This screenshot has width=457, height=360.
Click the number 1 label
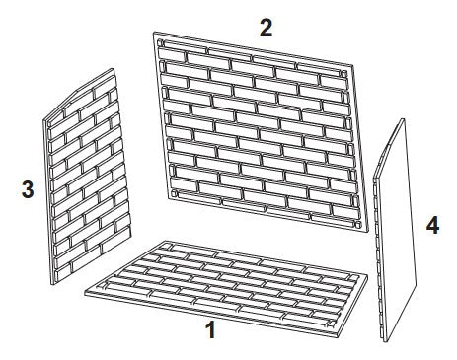[x=209, y=330]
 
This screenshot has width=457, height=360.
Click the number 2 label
[x=266, y=27]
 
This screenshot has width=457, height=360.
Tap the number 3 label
[x=27, y=191]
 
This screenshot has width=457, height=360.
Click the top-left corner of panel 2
[x=155, y=33]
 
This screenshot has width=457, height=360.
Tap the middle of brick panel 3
[x=87, y=178]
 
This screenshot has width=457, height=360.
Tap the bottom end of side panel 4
[x=383, y=340]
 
